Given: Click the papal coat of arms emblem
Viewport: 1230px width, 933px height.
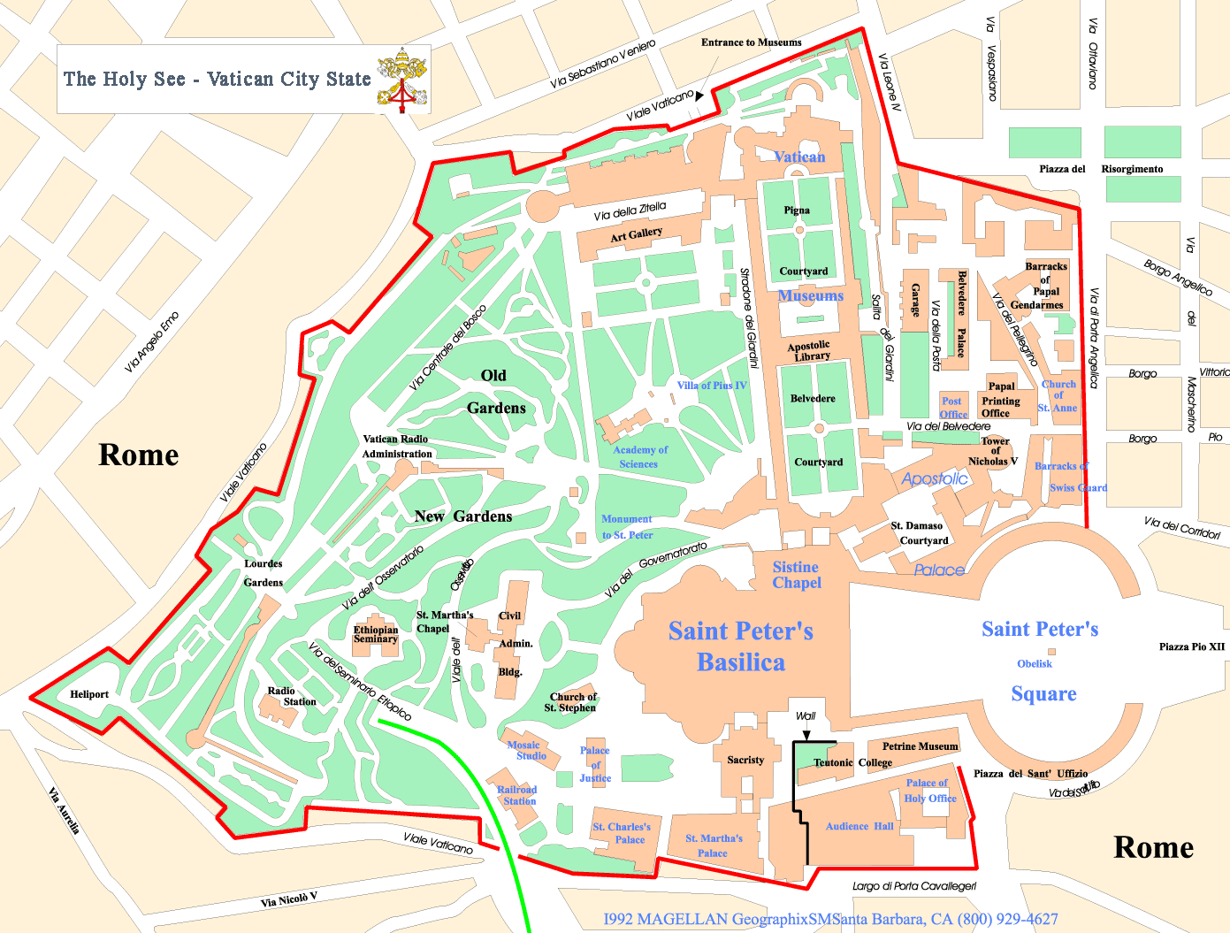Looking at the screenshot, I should click(x=401, y=80).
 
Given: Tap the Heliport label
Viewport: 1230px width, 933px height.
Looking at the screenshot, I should click(x=89, y=694).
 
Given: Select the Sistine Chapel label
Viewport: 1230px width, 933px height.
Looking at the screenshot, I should click(x=796, y=575).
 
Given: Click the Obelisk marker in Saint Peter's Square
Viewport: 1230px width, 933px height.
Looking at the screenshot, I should click(x=1051, y=652).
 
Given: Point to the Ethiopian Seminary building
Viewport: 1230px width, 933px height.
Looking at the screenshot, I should click(x=376, y=635).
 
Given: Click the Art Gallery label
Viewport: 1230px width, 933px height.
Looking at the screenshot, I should click(x=636, y=235).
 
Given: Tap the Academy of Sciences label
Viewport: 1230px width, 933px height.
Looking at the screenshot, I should click(x=639, y=456).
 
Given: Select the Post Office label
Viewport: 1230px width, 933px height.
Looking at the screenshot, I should click(x=952, y=408).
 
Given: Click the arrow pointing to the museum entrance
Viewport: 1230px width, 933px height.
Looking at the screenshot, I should click(x=699, y=96).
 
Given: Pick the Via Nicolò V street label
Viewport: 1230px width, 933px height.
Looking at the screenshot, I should click(x=289, y=899).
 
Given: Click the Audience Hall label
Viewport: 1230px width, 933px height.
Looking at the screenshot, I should click(x=859, y=826).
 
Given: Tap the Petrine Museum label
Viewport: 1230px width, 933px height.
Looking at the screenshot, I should click(x=920, y=746).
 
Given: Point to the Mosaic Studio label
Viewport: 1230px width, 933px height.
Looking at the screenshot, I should click(x=530, y=750).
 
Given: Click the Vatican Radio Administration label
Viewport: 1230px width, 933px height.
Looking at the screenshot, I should click(x=396, y=447).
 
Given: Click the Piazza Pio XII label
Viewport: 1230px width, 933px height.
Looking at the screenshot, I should click(x=1191, y=646).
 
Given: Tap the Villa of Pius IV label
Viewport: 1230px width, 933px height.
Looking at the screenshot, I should click(x=712, y=386).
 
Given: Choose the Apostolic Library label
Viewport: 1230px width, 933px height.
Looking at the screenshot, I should click(x=809, y=351).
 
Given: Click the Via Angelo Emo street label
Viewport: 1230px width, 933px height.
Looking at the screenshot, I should click(x=152, y=341).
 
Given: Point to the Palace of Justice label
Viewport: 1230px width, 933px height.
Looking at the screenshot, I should click(x=595, y=764).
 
